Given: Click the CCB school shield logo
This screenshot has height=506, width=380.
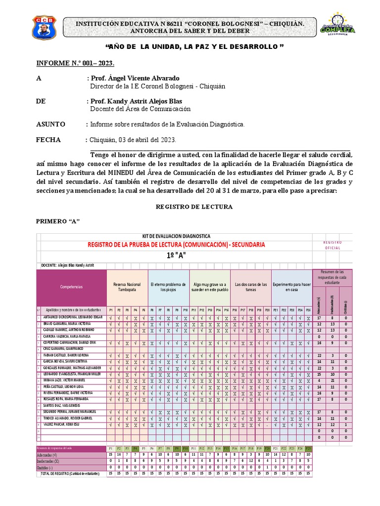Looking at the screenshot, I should click(44, 27).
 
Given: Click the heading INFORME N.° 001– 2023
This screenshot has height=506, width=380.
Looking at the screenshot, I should click(75, 63).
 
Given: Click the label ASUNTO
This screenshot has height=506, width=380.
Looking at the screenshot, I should click(50, 124).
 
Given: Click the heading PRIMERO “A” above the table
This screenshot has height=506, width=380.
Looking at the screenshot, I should click(57, 220).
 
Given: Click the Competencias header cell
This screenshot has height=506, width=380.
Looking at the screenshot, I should click(71, 287).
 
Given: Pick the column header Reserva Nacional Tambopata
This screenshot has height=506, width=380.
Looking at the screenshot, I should click(127, 287).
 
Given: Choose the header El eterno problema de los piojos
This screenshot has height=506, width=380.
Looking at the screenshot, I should click(168, 287).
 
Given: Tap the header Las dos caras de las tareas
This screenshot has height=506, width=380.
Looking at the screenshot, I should click(250, 287).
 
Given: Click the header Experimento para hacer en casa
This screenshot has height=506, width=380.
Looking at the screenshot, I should click(291, 287).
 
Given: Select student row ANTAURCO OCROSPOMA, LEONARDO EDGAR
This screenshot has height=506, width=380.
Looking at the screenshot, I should click(73, 317).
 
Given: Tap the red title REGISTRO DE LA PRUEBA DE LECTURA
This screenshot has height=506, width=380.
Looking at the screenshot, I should click(176, 245).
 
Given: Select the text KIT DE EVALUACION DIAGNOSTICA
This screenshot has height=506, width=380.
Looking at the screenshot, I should click(176, 236).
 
